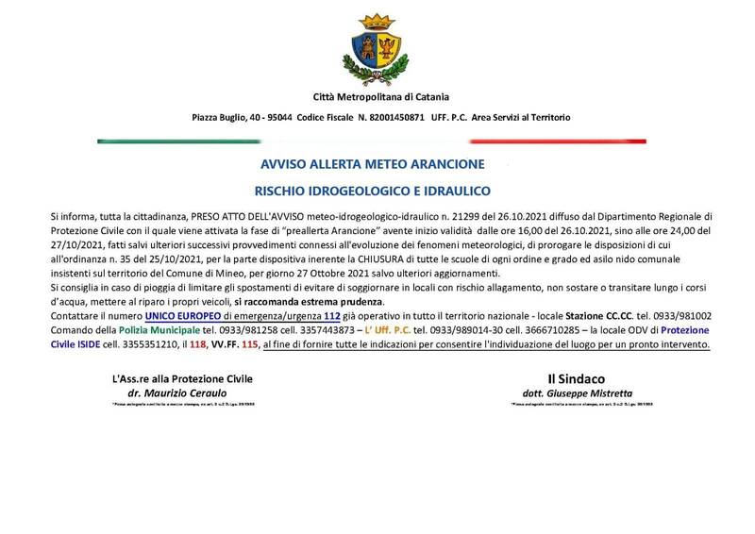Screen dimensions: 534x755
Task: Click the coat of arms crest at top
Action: coord(381,47)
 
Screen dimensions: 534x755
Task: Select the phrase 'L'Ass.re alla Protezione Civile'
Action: coord(181,379)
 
